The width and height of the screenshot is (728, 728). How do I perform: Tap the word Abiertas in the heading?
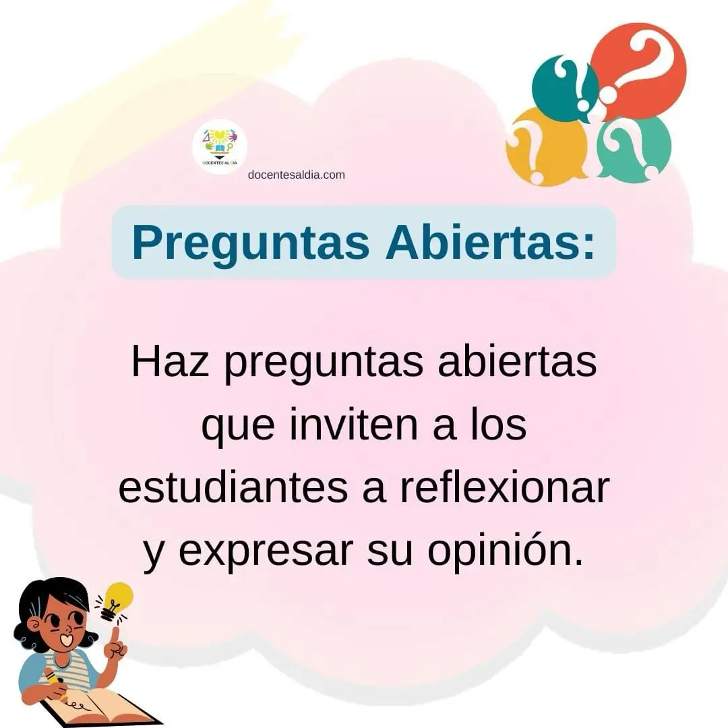tap(490, 242)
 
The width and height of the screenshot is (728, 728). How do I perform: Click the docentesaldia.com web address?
tap(296, 175)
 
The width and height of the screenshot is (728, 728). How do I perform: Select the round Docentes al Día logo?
tap(220, 147)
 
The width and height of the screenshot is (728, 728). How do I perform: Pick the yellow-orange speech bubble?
tap(545, 146)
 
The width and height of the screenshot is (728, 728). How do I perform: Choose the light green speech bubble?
tap(634, 146)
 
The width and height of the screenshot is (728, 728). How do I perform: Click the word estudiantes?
tap(233, 488)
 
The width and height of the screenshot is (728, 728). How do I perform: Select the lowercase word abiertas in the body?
tap(517, 362)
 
